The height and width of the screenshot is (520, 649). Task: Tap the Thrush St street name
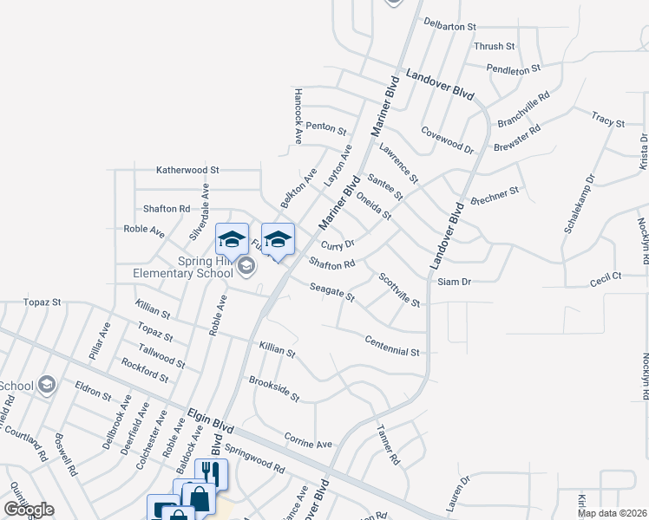click(x=495, y=46)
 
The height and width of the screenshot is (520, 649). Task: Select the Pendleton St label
click(x=514, y=67)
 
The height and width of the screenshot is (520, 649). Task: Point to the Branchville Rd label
click(x=524, y=110)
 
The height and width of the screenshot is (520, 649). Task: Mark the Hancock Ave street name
click(x=298, y=115)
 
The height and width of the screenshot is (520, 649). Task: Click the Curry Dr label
click(x=338, y=246)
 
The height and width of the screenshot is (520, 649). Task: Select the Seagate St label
click(x=333, y=292)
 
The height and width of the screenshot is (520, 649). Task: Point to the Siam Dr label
click(x=455, y=282)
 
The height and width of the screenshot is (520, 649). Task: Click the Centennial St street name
click(x=392, y=347)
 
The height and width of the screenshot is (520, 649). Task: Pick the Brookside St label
click(x=274, y=389)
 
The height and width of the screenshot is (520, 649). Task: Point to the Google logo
click(x=29, y=510)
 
